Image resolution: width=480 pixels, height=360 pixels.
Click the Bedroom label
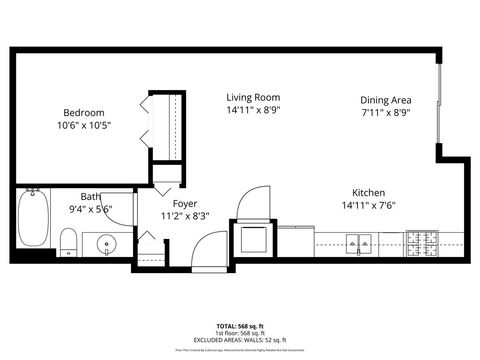[x=84, y=113]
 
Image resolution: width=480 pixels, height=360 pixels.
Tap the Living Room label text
[x=253, y=97]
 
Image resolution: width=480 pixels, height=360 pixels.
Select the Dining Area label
[x=386, y=100]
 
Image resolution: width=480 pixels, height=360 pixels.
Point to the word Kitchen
[x=368, y=193]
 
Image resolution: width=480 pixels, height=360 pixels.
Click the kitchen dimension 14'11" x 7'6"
[x=368, y=206]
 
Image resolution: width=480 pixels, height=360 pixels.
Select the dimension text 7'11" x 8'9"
[x=386, y=112]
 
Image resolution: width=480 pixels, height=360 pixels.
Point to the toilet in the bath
[x=68, y=241]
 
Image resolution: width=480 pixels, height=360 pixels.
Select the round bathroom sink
[x=108, y=243]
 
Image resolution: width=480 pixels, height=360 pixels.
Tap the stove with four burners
[x=421, y=241]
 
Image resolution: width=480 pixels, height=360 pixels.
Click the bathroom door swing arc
[x=118, y=205]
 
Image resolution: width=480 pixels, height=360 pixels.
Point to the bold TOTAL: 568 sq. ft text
[x=240, y=325]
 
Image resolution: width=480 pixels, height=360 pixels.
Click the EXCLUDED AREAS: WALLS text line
[x=240, y=339]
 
